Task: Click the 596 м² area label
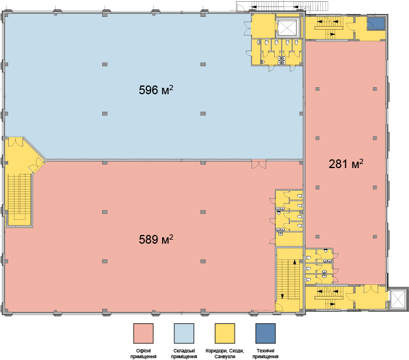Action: [x=156, y=90]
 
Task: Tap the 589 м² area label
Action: [x=156, y=240]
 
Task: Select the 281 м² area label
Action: [x=346, y=163]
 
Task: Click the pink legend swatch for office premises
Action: [x=143, y=333]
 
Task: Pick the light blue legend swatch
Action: [x=184, y=333]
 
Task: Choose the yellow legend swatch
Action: [x=225, y=333]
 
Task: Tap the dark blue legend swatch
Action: [x=266, y=333]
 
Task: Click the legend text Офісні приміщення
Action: [x=143, y=354]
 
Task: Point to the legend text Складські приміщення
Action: [x=184, y=354]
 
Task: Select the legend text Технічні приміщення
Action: [x=266, y=354]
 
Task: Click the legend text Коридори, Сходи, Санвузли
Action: [x=225, y=354]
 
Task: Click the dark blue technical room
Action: [x=376, y=23]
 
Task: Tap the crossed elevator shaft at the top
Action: [x=287, y=27]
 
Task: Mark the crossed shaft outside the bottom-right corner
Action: [x=397, y=299]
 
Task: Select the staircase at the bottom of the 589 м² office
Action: [x=288, y=279]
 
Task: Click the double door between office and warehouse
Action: [x=259, y=164]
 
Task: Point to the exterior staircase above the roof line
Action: [x=282, y=6]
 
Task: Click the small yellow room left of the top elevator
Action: [x=263, y=26]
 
